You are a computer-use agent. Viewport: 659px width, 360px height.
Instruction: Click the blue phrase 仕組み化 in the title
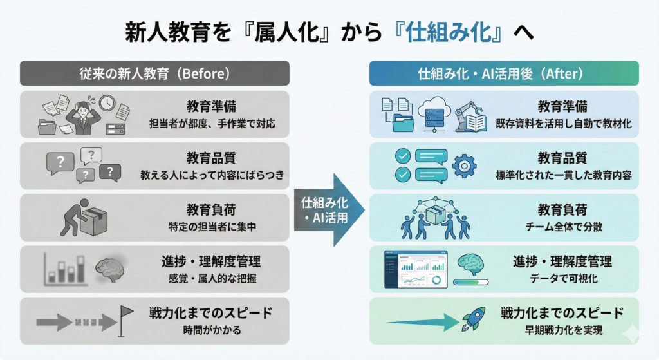(x=449, y=32)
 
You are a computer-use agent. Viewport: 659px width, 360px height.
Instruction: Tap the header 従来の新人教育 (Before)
(x=154, y=73)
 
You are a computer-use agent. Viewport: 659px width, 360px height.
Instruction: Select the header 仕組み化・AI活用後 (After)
(x=504, y=73)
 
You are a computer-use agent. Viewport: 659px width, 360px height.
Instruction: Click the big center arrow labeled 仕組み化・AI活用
(x=329, y=210)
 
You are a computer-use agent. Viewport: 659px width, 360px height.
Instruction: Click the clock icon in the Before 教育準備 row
(x=107, y=103)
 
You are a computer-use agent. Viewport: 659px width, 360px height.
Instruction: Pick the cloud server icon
(x=434, y=113)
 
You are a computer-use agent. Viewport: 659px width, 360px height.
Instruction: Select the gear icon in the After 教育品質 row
(x=464, y=166)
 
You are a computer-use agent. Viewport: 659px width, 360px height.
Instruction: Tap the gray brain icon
(x=109, y=269)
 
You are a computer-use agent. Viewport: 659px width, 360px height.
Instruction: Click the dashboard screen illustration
(x=416, y=270)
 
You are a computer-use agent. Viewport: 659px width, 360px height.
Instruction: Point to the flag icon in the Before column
(x=126, y=321)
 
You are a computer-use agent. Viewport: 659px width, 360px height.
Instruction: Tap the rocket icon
(x=474, y=318)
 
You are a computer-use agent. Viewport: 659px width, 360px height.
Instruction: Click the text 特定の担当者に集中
(x=212, y=227)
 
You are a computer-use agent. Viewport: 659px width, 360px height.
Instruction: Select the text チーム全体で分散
(x=564, y=227)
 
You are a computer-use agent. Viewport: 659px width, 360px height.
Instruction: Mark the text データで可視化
(x=564, y=278)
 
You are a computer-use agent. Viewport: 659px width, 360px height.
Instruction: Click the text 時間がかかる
(x=212, y=330)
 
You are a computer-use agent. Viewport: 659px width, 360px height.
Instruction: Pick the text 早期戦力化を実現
(x=564, y=330)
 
